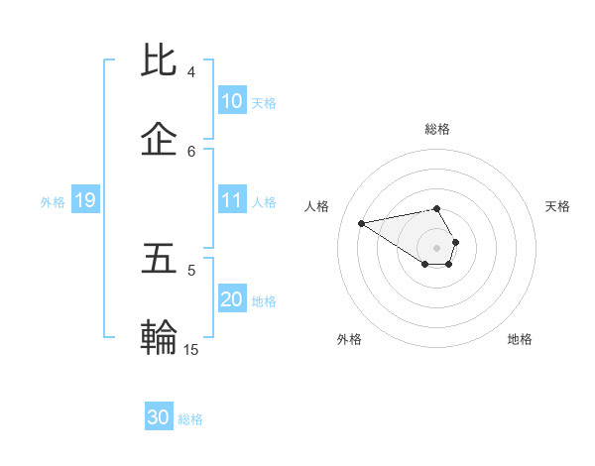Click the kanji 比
[x=161, y=61]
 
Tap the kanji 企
[x=161, y=141]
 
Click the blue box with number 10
[x=232, y=101]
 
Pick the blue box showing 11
[x=232, y=200]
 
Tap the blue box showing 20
[x=232, y=299]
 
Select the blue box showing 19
[x=84, y=200]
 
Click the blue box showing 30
[x=159, y=417]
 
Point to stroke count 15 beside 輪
[x=191, y=349]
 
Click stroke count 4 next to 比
[x=191, y=72]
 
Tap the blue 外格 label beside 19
[x=53, y=201]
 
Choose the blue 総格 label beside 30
[x=190, y=419]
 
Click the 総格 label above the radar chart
[x=437, y=129]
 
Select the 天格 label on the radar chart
[x=558, y=206]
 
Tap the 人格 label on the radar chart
[x=316, y=206]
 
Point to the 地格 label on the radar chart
[x=520, y=339]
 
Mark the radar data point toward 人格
[x=362, y=222]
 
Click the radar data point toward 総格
[x=437, y=208]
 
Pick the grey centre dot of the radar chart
[x=437, y=247]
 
